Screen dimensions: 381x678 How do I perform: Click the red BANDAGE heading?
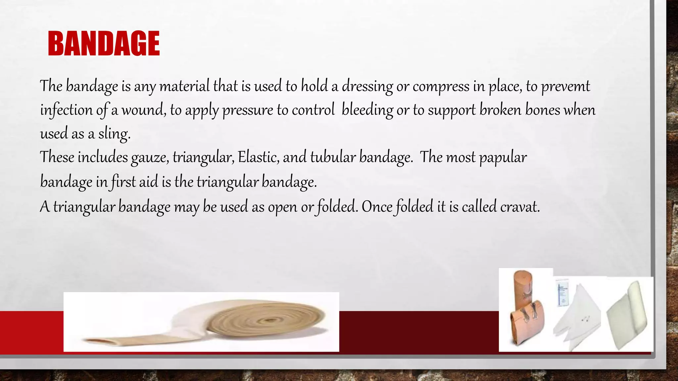[104, 43]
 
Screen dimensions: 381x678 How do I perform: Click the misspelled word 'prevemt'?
[565, 87]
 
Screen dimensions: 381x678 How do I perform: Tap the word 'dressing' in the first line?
[367, 87]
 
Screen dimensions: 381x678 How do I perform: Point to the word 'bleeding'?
[367, 110]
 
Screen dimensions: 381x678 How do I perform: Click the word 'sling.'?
[114, 134]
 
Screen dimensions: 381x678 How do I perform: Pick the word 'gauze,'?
[150, 158]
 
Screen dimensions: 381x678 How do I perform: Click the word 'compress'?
[441, 87]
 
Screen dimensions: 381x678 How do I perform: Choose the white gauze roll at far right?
[627, 316]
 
